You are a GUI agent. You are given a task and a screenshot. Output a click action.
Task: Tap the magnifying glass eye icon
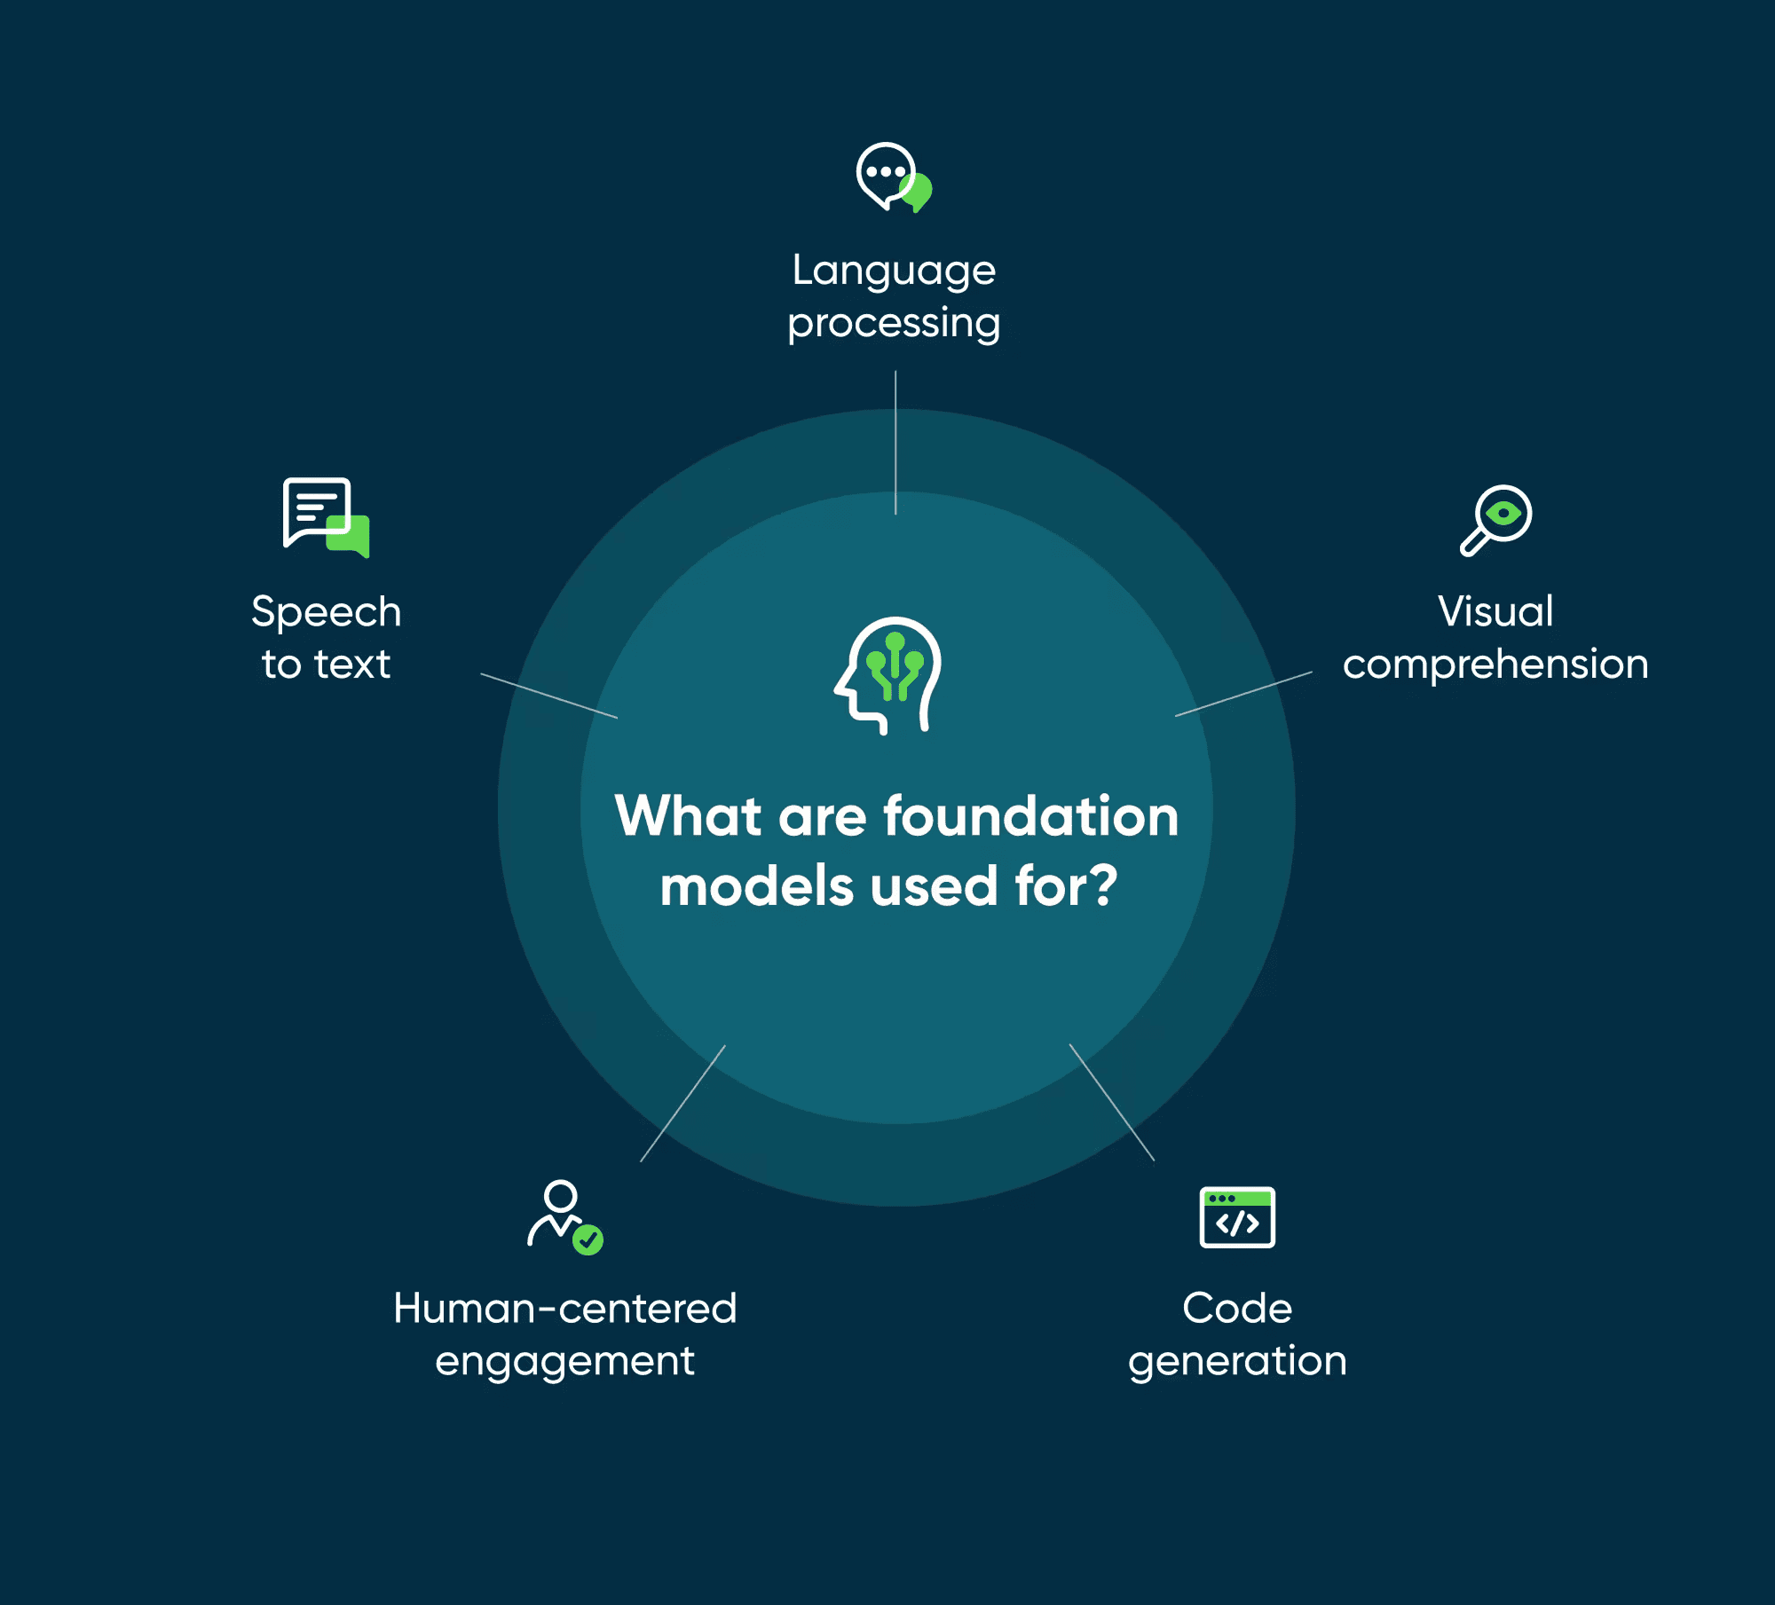click(1496, 520)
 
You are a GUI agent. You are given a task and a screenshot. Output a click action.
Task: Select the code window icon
click(1237, 1217)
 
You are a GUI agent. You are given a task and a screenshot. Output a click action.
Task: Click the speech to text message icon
click(326, 517)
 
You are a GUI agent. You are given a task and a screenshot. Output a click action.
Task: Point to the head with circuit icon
click(887, 675)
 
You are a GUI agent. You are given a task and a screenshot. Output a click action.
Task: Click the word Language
click(894, 271)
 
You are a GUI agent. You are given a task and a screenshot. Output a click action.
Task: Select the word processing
click(894, 324)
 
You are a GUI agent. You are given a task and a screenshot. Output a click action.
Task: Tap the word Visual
click(1495, 611)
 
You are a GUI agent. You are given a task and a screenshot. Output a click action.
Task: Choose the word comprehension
click(1495, 665)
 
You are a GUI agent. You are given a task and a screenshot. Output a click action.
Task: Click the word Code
click(1237, 1308)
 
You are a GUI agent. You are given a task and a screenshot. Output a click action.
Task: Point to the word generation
click(1237, 1361)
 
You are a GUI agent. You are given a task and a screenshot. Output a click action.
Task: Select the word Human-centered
click(565, 1308)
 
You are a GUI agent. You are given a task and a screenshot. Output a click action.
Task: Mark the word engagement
click(564, 1361)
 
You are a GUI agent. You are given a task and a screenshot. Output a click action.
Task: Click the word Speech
click(326, 612)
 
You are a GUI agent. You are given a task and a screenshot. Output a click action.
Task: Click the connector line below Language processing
click(895, 443)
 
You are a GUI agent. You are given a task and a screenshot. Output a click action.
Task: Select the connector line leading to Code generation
click(1112, 1102)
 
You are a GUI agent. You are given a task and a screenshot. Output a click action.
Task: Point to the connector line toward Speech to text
click(549, 696)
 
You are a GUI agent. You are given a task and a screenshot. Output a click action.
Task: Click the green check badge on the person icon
click(588, 1239)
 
